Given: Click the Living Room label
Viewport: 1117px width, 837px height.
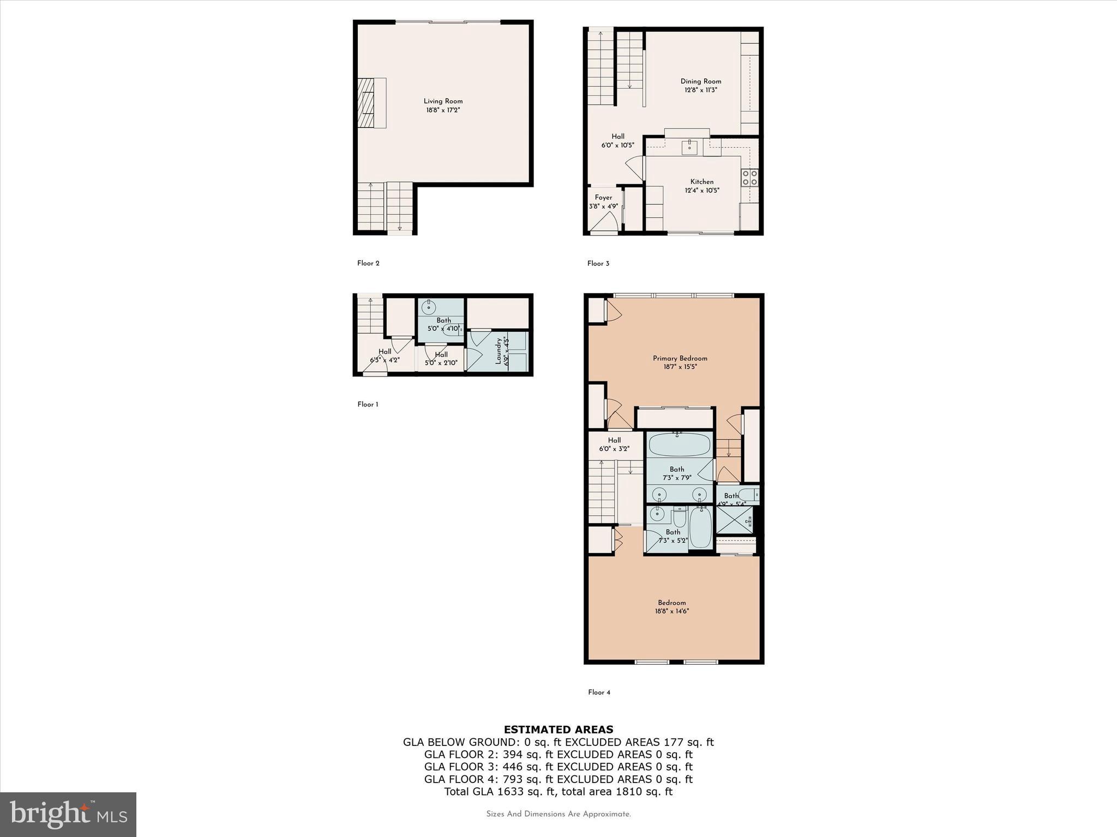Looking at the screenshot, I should pos(443,101).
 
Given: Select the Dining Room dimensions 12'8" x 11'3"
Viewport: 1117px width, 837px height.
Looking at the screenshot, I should pos(701,90).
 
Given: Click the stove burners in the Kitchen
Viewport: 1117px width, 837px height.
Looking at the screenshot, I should pos(749,178).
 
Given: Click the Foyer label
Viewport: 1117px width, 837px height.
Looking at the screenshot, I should pos(603,197).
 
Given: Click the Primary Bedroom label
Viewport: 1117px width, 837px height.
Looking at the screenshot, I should pos(680,358).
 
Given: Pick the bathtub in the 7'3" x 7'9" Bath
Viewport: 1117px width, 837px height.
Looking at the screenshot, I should pos(679,445).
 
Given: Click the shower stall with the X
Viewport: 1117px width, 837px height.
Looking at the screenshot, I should pos(735,519).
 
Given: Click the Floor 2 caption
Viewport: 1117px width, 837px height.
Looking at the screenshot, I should pos(368,263).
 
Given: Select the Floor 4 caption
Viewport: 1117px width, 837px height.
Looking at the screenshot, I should pos(599,692).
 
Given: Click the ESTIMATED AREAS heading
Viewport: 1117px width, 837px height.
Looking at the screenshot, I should pos(558,729).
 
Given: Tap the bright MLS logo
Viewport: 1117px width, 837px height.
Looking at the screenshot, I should pos(68,814).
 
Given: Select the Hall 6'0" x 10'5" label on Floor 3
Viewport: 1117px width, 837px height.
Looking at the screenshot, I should pos(617,141).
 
